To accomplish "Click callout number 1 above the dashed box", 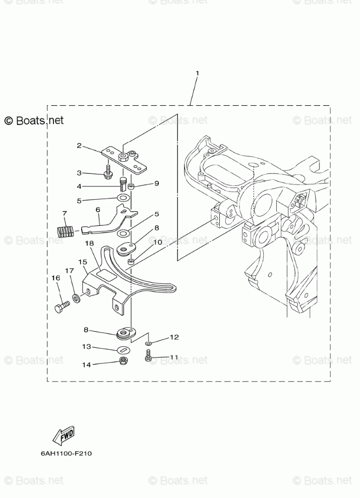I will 197,73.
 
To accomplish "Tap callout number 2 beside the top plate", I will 79,146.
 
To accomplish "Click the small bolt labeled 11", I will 148,358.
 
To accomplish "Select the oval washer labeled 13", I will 123,350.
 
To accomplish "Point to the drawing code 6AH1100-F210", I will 67,453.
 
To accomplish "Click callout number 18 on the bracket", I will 89,243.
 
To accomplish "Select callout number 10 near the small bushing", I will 158,242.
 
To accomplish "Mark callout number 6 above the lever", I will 97,209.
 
